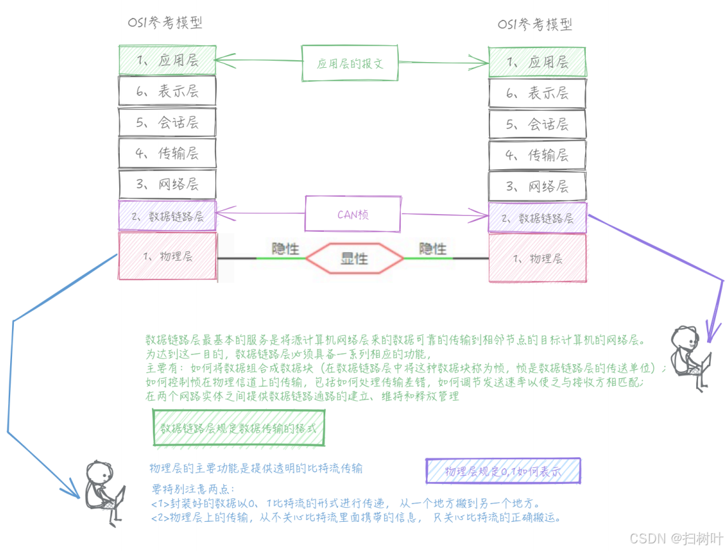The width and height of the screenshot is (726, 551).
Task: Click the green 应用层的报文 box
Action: tap(349, 63)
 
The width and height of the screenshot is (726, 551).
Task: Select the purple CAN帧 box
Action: tap(353, 214)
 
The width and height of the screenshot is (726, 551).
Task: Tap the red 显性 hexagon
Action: tap(354, 258)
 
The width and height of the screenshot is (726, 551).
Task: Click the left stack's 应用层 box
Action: tap(167, 60)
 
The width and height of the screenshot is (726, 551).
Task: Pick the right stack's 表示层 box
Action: tap(537, 94)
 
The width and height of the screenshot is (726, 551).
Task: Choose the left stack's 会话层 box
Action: tap(167, 122)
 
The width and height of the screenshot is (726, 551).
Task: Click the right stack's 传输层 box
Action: tap(537, 155)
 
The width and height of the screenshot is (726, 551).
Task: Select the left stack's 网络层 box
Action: tap(167, 184)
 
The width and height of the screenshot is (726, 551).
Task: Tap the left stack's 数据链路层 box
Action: tap(167, 216)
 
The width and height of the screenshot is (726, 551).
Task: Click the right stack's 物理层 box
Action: tap(537, 258)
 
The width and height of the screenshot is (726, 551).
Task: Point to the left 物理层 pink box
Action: tap(167, 256)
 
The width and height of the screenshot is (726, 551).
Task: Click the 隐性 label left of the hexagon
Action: tap(285, 248)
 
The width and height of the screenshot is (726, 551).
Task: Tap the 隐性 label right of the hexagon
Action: tap(433, 248)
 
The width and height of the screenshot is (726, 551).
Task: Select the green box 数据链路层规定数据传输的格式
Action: tap(238, 428)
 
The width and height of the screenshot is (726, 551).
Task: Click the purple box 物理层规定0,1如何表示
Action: tap(503, 472)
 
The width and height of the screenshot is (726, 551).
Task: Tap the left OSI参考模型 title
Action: tap(165, 23)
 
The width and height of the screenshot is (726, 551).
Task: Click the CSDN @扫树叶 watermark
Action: tap(676, 538)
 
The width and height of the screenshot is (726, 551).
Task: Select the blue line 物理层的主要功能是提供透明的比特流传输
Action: tap(256, 468)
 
